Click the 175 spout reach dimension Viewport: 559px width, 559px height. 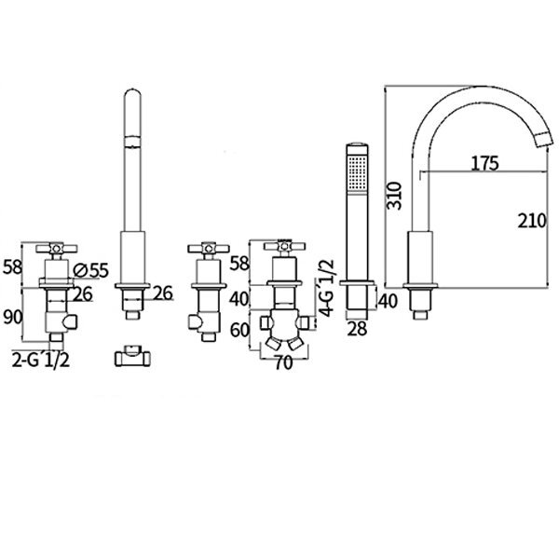pos(484,164)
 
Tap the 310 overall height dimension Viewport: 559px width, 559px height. pos(395,196)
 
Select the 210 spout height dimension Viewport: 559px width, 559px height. pos(532,221)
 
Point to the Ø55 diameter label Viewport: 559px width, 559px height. pos(90,270)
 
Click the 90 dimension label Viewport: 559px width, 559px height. pos(13,317)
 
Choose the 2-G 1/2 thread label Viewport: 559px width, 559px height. pos(41,361)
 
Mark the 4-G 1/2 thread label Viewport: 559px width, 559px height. pos(327,288)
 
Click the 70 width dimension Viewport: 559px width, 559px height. pos(284,363)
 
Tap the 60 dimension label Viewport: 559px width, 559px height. pos(239,330)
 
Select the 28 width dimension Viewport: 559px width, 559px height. pos(357,329)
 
